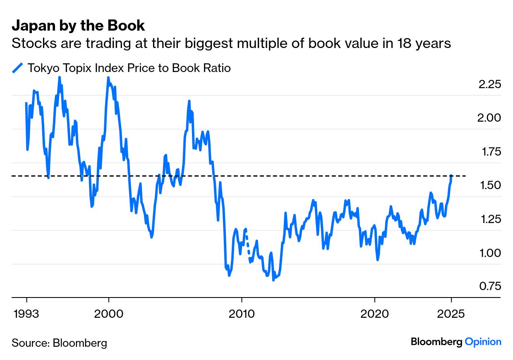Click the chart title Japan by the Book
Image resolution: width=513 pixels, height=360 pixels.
pyautogui.click(x=78, y=26)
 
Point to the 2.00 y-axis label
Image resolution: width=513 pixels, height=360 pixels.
pyautogui.click(x=489, y=118)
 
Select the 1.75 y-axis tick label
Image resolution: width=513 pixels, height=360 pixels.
pyautogui.click(x=490, y=152)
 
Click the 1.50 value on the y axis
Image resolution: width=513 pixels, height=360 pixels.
pyautogui.click(x=490, y=185)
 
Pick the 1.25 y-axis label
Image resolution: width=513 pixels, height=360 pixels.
pyautogui.click(x=490, y=219)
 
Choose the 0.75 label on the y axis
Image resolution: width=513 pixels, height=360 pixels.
pyautogui.click(x=490, y=286)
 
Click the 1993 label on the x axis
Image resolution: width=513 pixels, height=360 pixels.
pyautogui.click(x=26, y=314)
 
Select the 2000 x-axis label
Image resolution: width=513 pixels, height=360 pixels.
pyautogui.click(x=109, y=314)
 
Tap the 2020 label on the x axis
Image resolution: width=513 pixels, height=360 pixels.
pyautogui.click(x=375, y=314)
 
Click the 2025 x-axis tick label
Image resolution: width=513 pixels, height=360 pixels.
pyautogui.click(x=451, y=314)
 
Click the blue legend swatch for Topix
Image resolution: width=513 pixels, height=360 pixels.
pyautogui.click(x=17, y=68)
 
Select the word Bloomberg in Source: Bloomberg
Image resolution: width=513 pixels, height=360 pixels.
pyautogui.click(x=79, y=343)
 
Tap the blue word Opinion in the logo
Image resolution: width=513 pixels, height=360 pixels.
pyautogui.click(x=483, y=342)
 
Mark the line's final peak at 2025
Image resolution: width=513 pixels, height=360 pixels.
pyautogui.click(x=451, y=176)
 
